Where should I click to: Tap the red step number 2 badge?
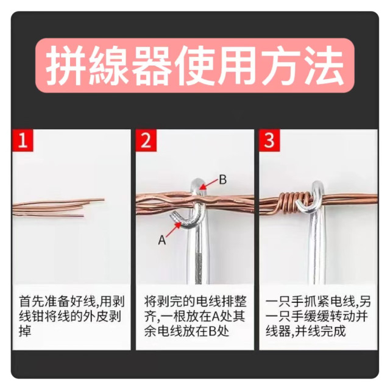[146, 141]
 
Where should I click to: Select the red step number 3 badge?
[269, 141]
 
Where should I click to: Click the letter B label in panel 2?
[222, 180]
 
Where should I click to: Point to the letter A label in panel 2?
[162, 240]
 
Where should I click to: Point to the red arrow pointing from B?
[208, 184]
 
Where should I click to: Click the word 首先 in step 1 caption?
[30, 301]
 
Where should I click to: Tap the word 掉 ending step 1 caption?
[24, 332]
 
